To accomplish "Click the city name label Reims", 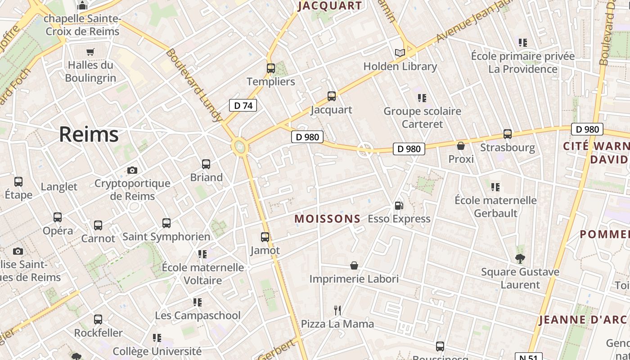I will coord(89,134).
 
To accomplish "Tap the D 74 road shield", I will coord(243,106).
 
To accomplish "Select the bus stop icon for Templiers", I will coord(270,68).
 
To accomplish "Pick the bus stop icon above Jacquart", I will coord(332,96).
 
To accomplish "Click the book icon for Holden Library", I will coord(400,53).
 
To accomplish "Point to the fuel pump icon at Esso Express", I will coord(399,206).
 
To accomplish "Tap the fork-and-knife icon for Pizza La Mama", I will coord(337,310).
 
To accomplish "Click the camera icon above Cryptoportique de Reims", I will coord(132,170).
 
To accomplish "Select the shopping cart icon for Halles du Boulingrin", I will coord(90,52).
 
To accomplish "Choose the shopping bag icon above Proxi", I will coord(461,146).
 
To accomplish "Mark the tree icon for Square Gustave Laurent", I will coord(520,258).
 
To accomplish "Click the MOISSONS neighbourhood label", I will coord(328,219).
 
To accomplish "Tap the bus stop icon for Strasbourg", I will coord(508,134).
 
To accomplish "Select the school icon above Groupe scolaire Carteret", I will coord(422,98).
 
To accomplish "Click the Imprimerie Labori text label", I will coord(354,279).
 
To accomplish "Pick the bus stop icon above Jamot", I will coord(265,237).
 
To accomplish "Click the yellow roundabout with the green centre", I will coord(240,146).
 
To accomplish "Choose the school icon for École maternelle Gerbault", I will coord(495,187).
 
